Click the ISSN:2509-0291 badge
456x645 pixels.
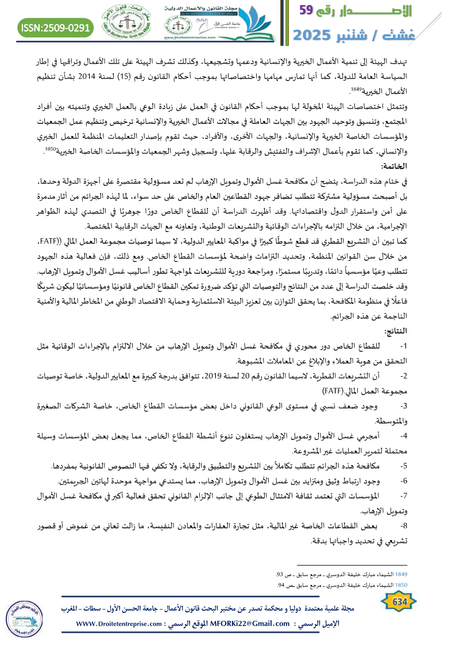pyautogui.click(x=56, y=27)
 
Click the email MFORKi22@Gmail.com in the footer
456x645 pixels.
pyautogui.click(x=248, y=624)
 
